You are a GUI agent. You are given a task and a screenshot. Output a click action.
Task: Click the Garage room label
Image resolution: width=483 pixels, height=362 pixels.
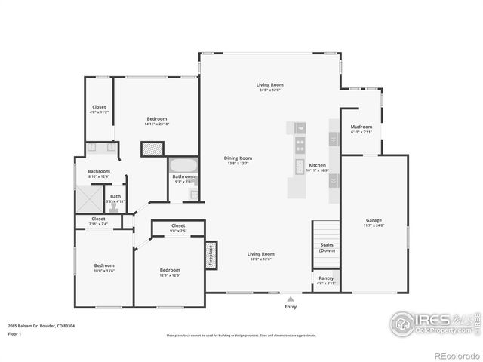374,222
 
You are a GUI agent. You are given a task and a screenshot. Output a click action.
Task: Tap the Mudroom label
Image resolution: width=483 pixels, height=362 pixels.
361,129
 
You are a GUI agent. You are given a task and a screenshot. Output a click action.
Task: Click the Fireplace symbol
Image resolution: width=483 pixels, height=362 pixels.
212,255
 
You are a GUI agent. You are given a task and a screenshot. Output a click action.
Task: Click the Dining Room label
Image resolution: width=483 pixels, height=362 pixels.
236,160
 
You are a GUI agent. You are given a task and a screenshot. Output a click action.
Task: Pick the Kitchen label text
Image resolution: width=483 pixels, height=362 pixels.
317,167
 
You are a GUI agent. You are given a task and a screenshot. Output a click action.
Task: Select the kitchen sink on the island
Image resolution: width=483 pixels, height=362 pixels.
299,167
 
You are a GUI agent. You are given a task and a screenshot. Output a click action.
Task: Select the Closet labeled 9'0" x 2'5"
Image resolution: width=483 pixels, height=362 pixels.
178,228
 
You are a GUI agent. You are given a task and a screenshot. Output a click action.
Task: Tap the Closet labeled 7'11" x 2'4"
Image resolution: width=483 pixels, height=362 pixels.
99,222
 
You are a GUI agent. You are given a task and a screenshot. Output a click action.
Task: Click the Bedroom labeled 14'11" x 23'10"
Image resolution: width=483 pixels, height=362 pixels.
156,121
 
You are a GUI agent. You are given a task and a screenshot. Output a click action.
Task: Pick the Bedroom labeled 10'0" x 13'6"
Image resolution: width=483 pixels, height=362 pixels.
103,268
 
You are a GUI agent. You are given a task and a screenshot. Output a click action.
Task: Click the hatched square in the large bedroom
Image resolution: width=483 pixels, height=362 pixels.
152,149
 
